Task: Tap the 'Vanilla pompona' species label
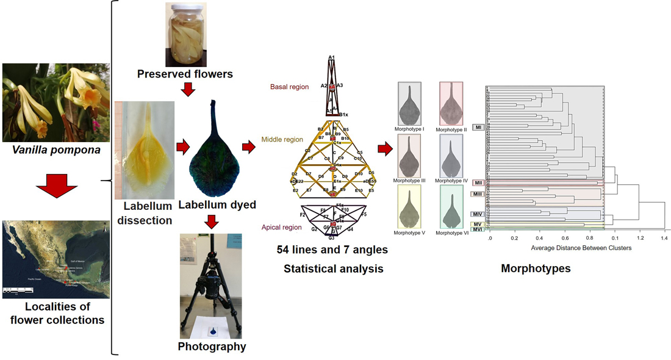click(56, 148)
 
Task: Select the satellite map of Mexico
click(56, 259)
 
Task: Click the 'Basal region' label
click(289, 87)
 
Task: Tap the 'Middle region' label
click(282, 140)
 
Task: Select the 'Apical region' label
click(282, 228)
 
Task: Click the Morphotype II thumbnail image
click(451, 104)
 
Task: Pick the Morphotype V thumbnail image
click(409, 207)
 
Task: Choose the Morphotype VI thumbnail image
click(451, 207)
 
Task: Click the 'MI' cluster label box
click(479, 127)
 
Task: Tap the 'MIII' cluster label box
click(478, 194)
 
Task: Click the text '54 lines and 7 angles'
click(333, 250)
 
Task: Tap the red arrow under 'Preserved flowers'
click(189, 90)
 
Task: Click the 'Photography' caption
click(212, 347)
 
